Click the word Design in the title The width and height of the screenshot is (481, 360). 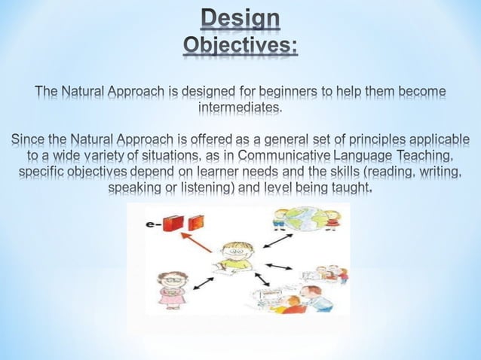click(x=240, y=19)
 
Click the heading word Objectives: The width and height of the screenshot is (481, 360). click(x=240, y=46)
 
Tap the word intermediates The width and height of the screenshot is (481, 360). click(x=240, y=109)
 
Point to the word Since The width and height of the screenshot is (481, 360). click(x=28, y=140)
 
